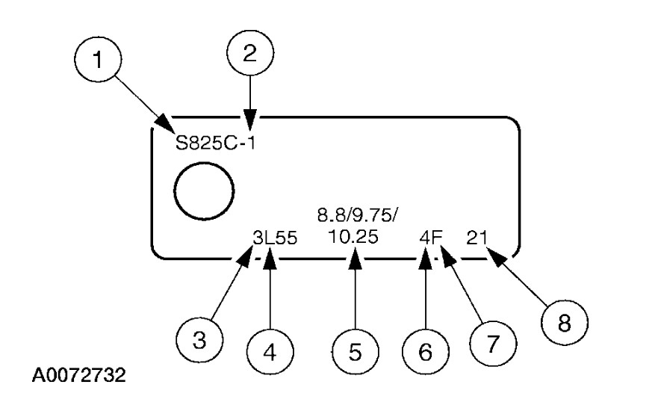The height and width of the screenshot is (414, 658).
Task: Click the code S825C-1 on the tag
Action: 215,143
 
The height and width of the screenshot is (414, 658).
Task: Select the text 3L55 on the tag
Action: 276,238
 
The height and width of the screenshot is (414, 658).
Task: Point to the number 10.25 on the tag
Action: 353,238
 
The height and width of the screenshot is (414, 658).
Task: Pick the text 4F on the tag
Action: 431,238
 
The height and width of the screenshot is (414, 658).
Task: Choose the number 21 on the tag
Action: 477,238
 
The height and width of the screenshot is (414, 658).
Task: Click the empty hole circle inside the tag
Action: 202,192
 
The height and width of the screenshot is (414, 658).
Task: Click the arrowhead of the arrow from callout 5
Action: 355,259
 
